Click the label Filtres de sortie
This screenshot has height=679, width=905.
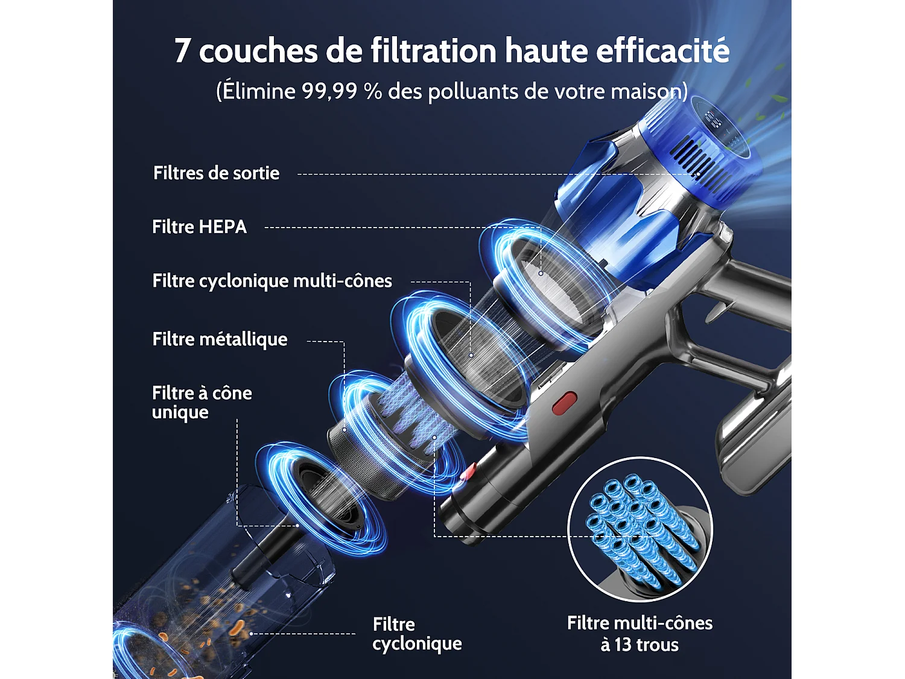[216, 173]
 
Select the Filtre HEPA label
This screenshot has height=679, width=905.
[199, 227]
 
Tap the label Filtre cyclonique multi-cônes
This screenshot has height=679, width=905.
[272, 281]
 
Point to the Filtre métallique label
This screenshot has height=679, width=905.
[220, 339]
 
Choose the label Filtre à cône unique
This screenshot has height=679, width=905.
[202, 403]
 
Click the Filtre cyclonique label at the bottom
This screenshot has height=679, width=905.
[417, 634]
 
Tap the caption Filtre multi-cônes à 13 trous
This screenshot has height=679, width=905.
[640, 634]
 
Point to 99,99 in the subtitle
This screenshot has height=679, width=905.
[329, 92]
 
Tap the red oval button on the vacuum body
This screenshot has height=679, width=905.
[565, 403]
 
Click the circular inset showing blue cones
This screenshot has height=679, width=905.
[640, 529]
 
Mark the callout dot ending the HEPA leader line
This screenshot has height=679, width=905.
[541, 273]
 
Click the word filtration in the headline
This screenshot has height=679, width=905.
[434, 50]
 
